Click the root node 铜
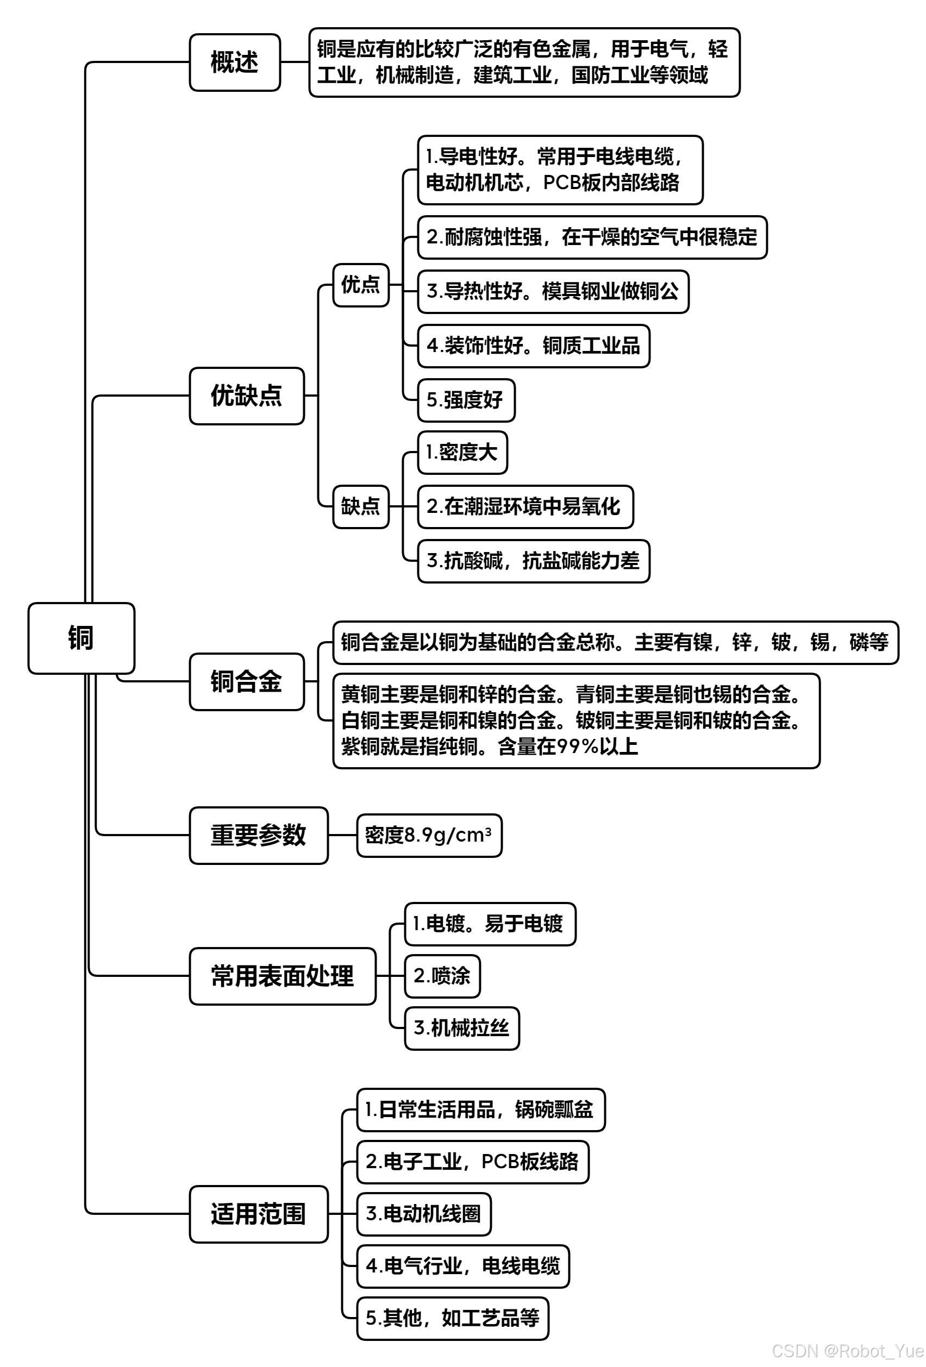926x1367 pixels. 81,638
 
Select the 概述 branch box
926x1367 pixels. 234,62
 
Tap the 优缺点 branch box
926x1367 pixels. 246,396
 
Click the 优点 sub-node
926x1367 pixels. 361,285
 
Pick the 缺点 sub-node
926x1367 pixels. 361,506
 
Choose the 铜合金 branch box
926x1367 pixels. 246,681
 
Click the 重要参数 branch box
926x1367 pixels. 258,835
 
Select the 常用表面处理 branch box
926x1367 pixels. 282,976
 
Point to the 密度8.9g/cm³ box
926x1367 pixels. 428,835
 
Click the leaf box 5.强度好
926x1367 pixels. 465,400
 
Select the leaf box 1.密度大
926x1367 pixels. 462,453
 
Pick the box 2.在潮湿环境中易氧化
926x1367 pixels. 524,506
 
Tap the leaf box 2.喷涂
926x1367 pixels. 442,976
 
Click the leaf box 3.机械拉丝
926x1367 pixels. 461,1028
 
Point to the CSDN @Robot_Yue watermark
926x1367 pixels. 848,1351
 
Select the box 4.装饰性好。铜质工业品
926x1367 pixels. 533,346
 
